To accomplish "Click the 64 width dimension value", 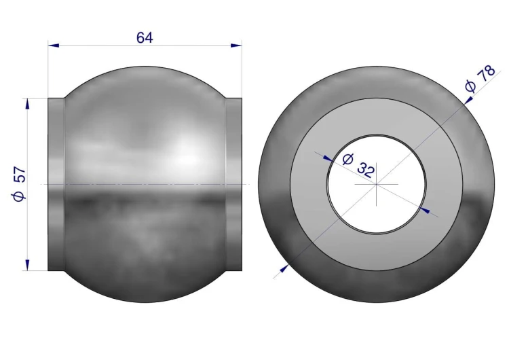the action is (145, 37).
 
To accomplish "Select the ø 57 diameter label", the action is (19, 184).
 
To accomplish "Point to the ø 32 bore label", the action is (359, 166).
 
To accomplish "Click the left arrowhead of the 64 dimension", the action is (54, 46).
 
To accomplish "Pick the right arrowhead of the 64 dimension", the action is (236, 46).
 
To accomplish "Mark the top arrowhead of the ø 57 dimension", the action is (27, 103).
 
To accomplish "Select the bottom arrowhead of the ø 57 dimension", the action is (27, 265).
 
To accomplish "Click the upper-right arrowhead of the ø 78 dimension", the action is (468, 101).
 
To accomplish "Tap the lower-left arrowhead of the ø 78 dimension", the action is (284, 268).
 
